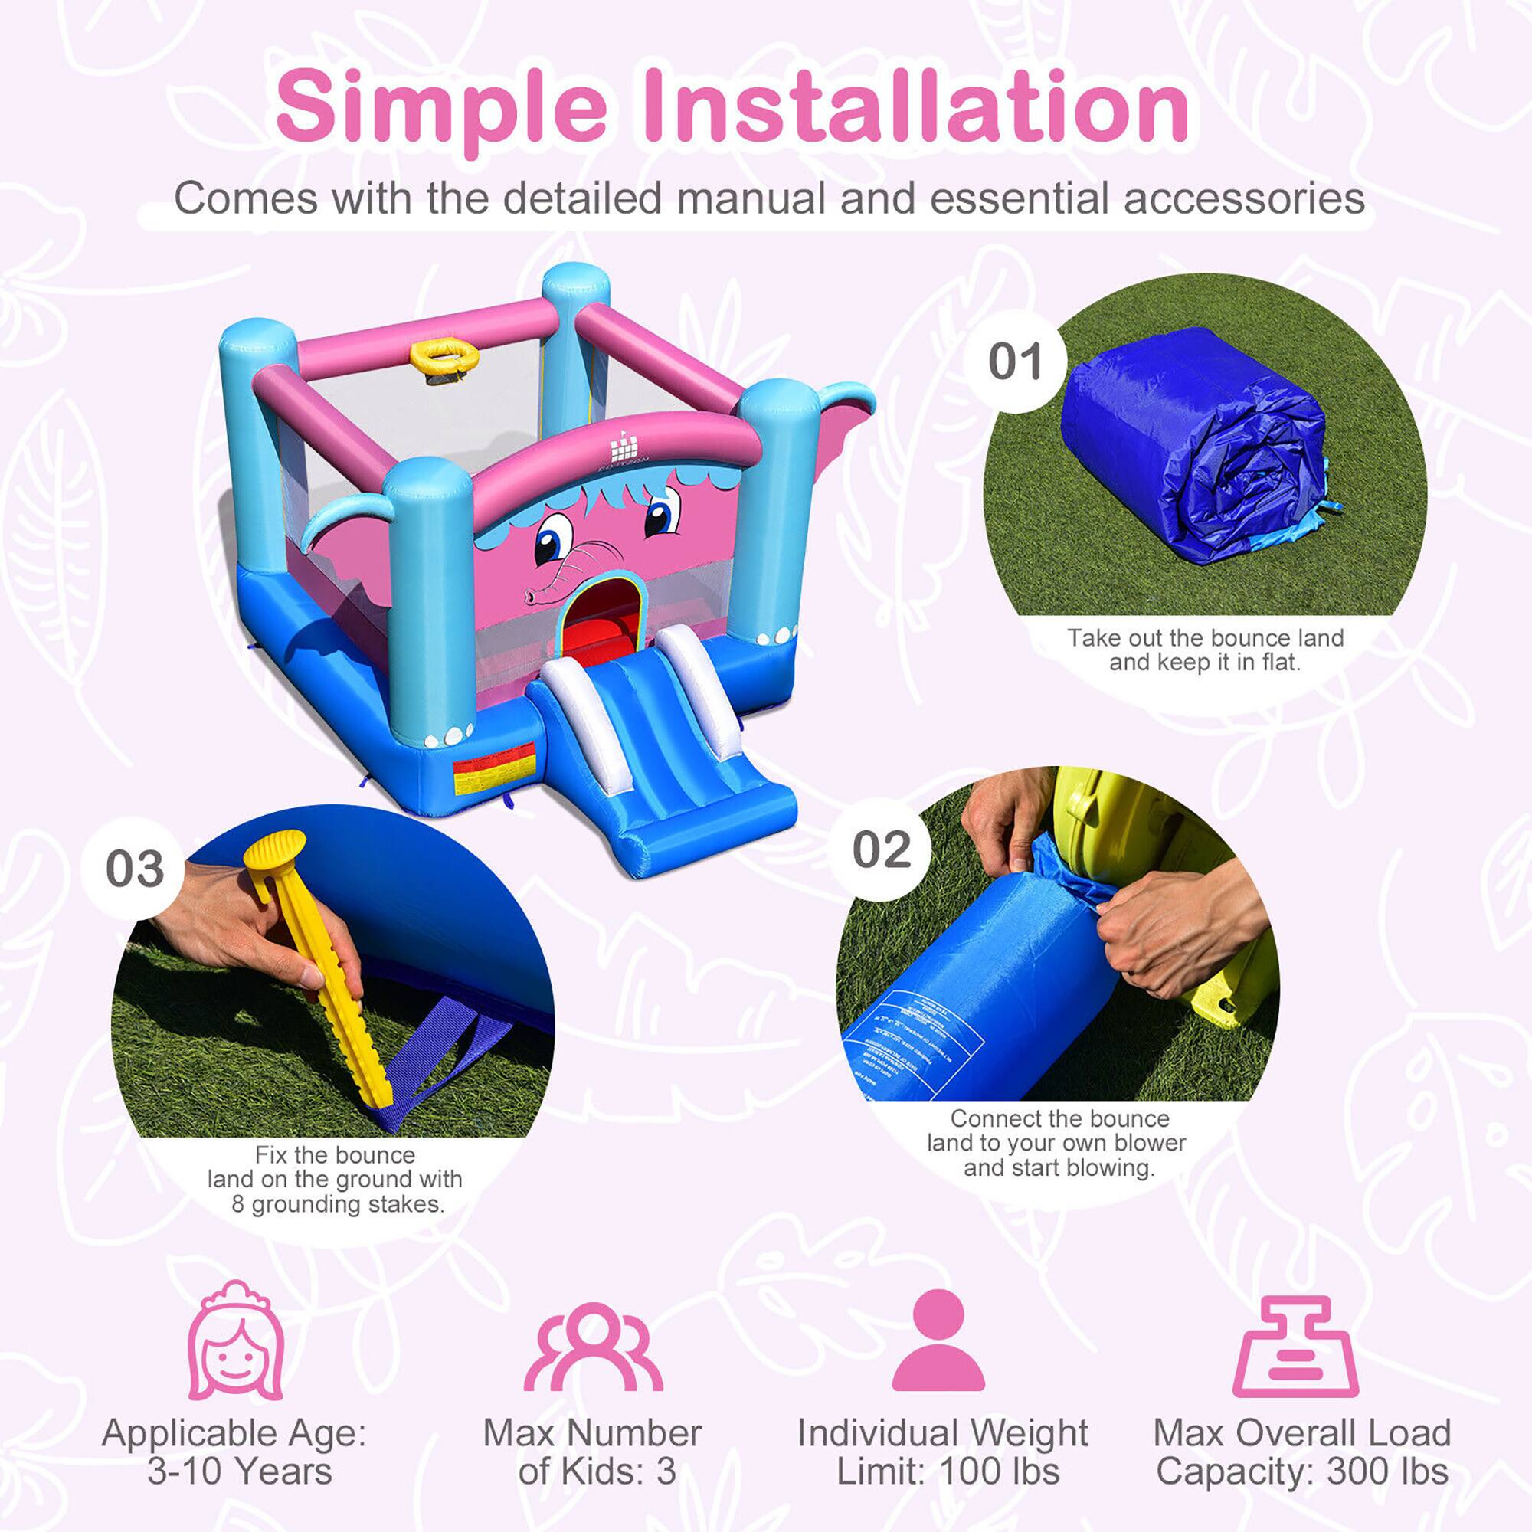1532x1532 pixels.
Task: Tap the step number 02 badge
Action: pos(881,849)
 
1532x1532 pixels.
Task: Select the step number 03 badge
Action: pos(135,869)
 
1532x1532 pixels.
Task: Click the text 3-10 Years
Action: pos(239,1471)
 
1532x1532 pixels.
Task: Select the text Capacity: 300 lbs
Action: pos(1301,1471)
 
